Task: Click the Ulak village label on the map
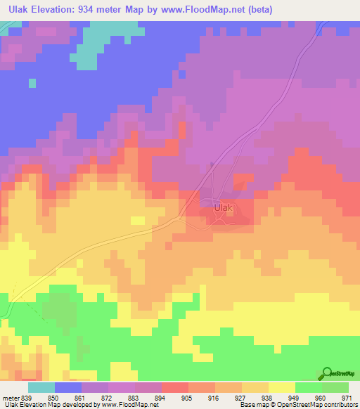pyautogui.click(x=222, y=208)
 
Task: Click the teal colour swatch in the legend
pyautogui.click(x=41, y=388)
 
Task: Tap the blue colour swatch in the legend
pyautogui.click(x=68, y=388)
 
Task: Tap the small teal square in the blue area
pyautogui.click(x=32, y=83)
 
